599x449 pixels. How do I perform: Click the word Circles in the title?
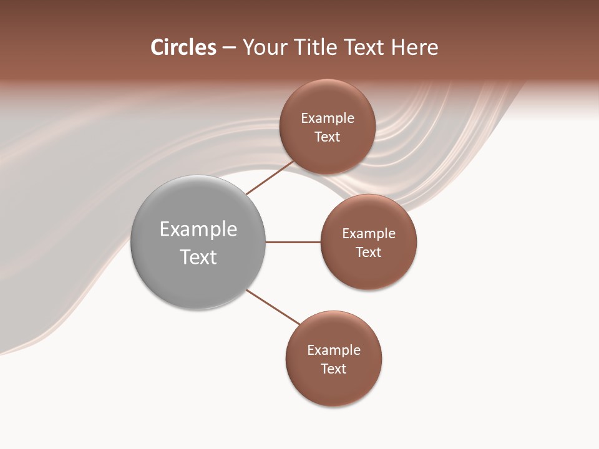tap(183, 47)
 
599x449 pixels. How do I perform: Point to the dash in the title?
tap(229, 48)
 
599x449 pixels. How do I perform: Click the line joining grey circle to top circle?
tap(270, 178)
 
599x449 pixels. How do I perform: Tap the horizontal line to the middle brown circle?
tap(293, 242)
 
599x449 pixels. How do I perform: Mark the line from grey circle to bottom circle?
tap(273, 307)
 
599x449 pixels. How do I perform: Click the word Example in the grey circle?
tap(198, 229)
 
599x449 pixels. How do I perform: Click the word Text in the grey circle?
tap(198, 257)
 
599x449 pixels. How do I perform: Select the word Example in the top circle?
tap(328, 118)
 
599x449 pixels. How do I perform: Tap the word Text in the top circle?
tap(328, 137)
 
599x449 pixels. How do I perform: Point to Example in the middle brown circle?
tap(369, 234)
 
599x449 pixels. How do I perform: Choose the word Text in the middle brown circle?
tap(369, 253)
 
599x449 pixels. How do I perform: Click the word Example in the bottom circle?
tap(334, 350)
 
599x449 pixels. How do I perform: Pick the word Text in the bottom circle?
tap(334, 369)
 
